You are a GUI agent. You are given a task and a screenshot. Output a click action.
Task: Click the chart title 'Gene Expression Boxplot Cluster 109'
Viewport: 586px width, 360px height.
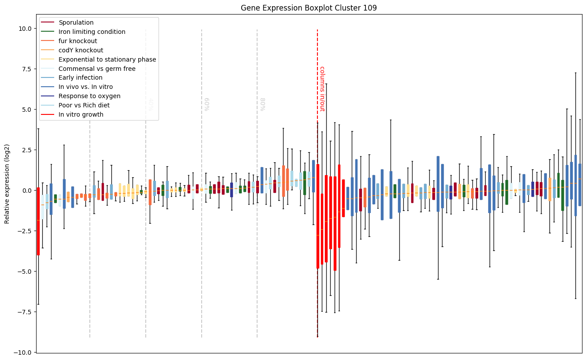[x=309, y=8]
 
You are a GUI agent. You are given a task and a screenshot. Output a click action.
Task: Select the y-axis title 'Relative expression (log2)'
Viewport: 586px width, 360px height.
[x=7, y=183]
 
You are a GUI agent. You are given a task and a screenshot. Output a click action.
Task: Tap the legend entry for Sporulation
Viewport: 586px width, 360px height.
[x=76, y=22]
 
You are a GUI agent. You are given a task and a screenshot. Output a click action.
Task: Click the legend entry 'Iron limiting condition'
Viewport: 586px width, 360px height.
[x=92, y=32]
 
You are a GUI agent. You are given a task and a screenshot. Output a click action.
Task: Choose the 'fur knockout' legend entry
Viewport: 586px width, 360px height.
[x=77, y=41]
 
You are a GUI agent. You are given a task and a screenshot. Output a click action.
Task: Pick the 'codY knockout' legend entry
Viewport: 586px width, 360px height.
[x=81, y=50]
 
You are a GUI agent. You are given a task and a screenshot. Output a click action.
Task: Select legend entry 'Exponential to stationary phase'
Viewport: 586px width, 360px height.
[x=107, y=59]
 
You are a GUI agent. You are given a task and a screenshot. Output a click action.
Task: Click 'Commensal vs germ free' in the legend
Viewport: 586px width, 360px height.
[x=97, y=69]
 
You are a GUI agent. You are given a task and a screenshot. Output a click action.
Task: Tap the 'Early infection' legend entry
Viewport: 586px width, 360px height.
[x=80, y=78]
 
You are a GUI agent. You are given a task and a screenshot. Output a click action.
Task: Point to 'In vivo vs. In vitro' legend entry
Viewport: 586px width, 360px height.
[x=85, y=87]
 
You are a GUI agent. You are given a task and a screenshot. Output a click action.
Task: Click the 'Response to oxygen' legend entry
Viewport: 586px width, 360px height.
[x=89, y=96]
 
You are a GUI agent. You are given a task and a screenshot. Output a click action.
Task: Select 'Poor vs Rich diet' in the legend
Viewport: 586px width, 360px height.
[x=84, y=105]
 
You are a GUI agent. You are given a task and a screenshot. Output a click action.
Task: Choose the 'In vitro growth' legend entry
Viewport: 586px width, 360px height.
[x=81, y=114]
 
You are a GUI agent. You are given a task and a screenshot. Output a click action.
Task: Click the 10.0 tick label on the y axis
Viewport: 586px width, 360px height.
[x=25, y=28]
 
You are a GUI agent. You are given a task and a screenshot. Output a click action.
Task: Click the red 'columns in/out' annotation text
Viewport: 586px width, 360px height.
[x=322, y=88]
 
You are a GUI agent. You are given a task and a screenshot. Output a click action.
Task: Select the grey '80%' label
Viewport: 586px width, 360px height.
[x=262, y=104]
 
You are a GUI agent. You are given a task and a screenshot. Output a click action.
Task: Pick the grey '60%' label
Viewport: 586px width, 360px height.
[x=206, y=104]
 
